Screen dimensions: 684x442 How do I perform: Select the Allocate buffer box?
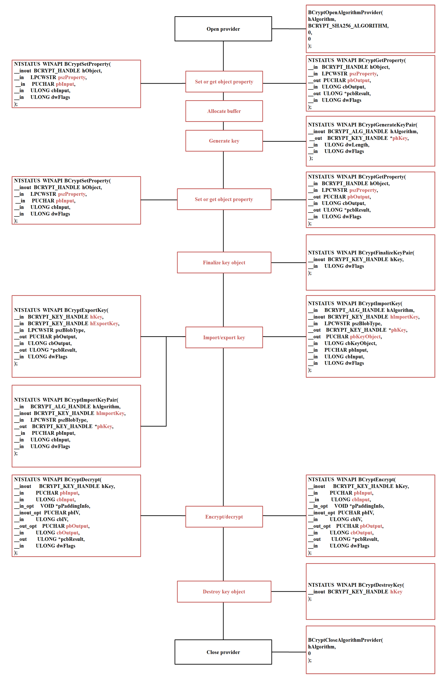click(224, 111)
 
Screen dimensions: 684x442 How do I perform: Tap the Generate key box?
click(224, 141)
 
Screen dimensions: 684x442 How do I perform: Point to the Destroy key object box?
click(224, 591)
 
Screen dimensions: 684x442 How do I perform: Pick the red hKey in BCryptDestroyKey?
click(396, 591)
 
